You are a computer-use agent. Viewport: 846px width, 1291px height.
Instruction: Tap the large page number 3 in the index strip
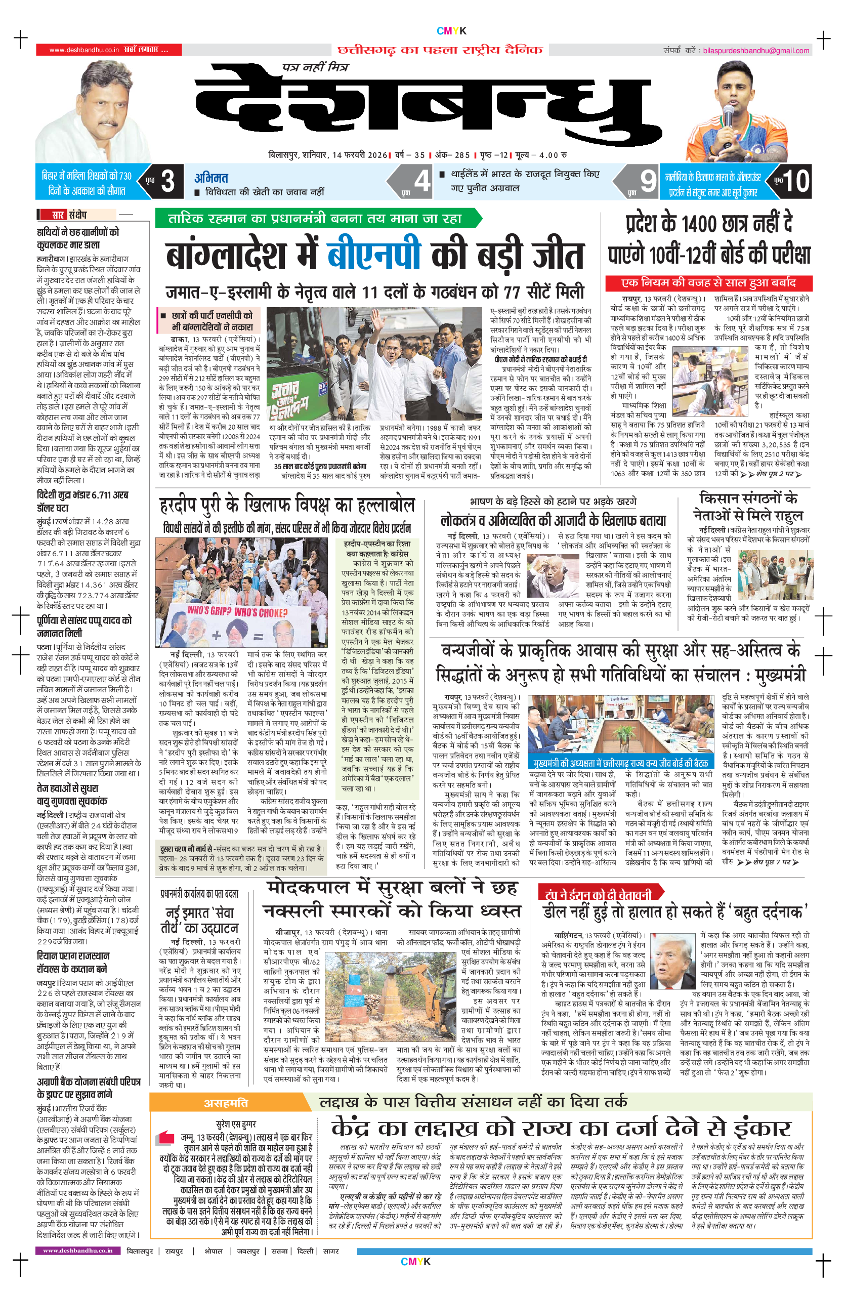168,181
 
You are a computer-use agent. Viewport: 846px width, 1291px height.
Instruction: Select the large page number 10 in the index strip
795,181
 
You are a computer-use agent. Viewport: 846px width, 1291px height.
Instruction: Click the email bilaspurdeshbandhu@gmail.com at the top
756,51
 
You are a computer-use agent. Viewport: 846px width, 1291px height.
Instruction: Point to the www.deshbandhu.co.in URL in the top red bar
84,50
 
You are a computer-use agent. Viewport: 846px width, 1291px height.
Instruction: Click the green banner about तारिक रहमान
317,219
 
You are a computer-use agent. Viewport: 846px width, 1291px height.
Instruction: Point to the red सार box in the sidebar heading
59,214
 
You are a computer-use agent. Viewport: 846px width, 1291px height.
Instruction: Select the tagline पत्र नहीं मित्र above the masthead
315,67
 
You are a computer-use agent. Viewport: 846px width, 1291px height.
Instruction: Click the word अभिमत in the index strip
211,177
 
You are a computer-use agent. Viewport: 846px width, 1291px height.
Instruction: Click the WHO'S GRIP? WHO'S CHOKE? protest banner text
237,612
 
